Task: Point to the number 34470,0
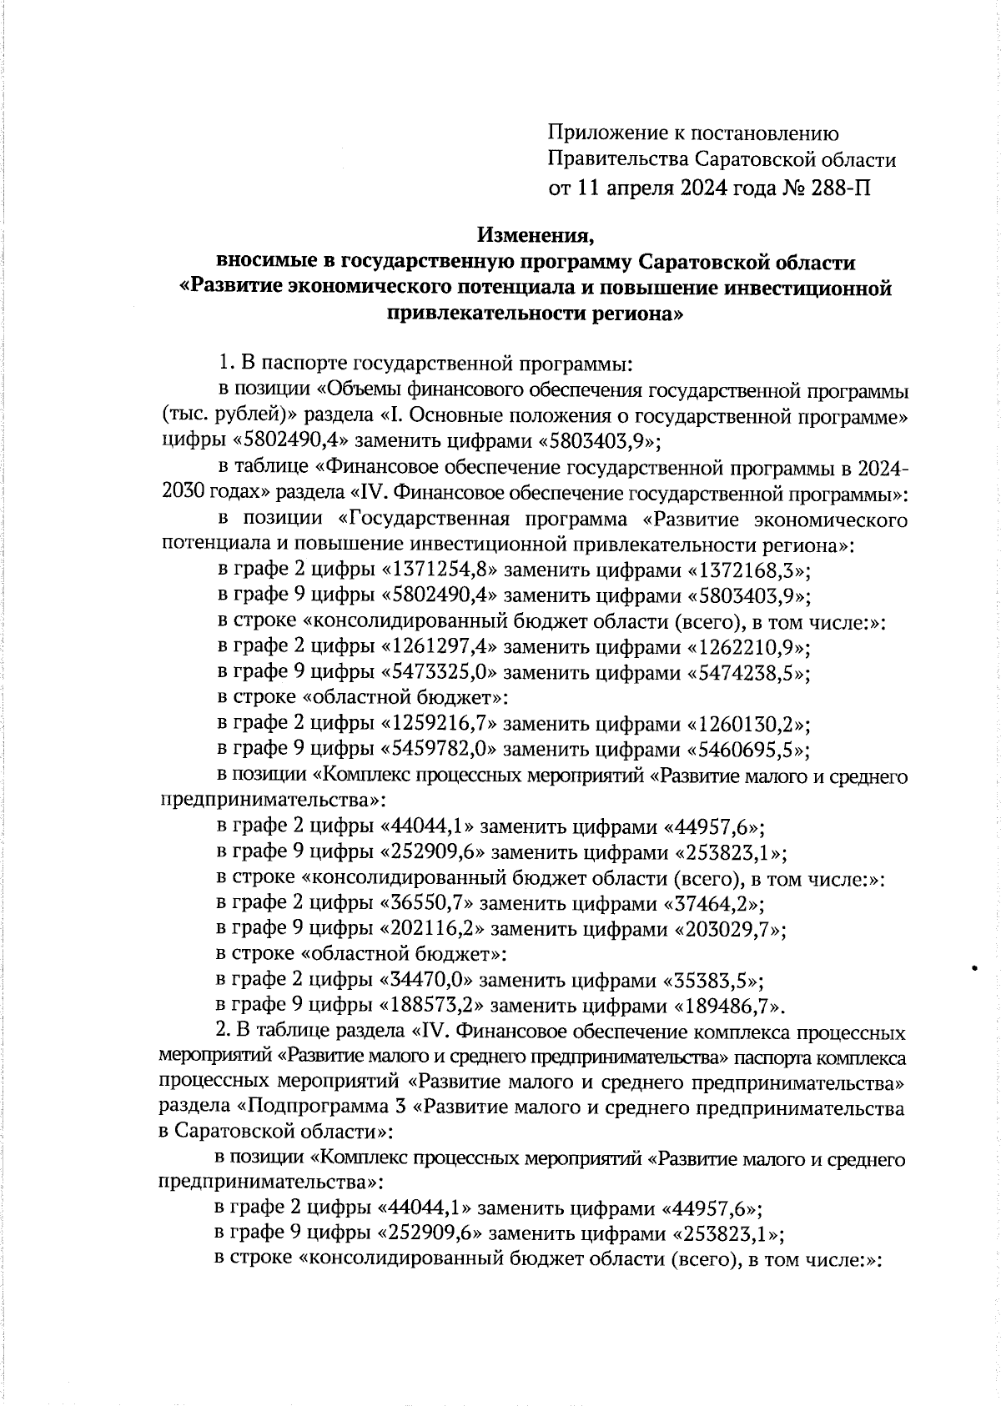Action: (426, 980)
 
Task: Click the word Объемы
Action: (359, 390)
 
